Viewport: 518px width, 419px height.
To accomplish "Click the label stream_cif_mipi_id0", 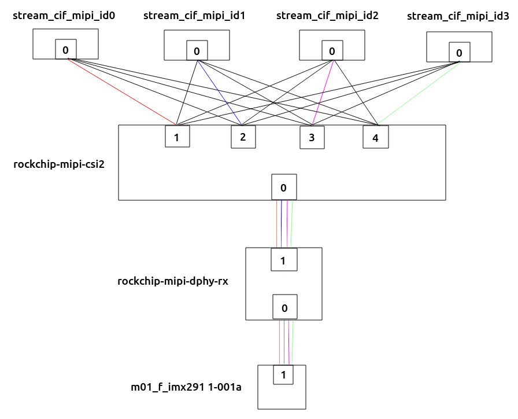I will point(64,16).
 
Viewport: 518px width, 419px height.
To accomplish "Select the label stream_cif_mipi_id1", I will point(194,16).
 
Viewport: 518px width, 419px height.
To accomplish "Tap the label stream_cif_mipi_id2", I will point(327,16).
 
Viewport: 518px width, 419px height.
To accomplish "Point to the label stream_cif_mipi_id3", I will point(458,17).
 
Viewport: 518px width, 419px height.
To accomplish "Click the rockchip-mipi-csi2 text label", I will point(58,164).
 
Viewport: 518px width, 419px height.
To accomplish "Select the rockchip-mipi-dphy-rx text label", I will point(173,281).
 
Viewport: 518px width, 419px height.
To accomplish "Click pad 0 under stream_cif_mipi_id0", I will point(66,50).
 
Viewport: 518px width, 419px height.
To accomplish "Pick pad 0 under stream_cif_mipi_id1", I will point(197,51).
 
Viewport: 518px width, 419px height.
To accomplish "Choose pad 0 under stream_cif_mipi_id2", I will point(332,51).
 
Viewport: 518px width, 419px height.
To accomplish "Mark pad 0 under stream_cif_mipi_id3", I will point(459,53).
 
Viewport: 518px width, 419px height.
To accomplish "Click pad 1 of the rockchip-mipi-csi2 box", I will point(177,137).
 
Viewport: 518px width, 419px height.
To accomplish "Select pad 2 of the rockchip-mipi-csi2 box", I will point(243,137).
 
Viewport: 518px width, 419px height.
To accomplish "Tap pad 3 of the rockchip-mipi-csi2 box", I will point(312,138).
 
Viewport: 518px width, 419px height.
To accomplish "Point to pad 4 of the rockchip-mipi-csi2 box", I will point(376,138).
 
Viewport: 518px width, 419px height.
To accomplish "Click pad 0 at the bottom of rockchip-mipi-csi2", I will point(284,187).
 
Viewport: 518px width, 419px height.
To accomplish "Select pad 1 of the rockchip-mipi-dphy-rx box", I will point(284,260).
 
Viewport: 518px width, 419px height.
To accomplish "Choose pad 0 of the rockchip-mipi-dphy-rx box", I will point(284,307).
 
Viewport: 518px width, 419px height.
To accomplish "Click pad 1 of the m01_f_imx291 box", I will point(283,374).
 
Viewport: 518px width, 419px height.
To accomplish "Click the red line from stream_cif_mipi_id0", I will point(121,91).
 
